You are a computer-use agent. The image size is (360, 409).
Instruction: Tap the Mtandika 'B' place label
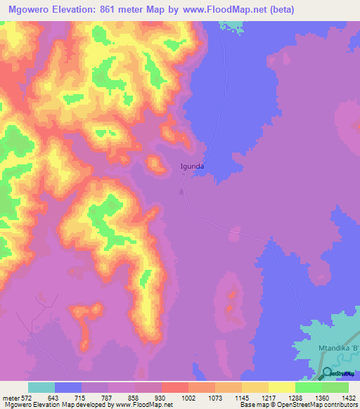pyautogui.click(x=337, y=348)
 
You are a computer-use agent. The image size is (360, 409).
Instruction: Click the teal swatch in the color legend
pyautogui.click(x=41, y=388)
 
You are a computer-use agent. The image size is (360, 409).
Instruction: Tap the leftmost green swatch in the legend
pyautogui.click(x=308, y=388)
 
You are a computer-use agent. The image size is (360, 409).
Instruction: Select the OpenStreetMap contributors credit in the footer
pyautogui.click(x=323, y=405)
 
